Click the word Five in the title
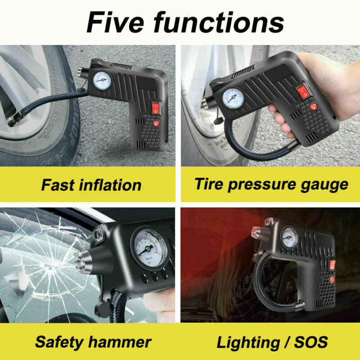(115, 22)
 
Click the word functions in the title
(219, 22)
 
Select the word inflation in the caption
(110, 185)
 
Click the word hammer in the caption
(120, 342)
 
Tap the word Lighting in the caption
(248, 343)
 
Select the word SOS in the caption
(311, 342)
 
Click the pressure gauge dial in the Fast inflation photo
(102, 81)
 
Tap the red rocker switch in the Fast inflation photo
(156, 108)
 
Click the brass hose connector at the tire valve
(14, 119)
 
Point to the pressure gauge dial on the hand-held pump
(233, 98)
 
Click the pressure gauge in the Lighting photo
(289, 238)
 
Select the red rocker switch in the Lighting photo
(333, 265)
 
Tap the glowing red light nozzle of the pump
(256, 232)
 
